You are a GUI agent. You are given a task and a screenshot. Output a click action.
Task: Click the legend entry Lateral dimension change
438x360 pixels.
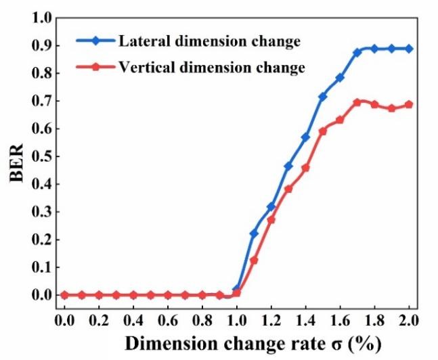pyautogui.click(x=209, y=42)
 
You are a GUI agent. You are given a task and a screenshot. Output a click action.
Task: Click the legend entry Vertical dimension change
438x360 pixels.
pyautogui.click(x=211, y=68)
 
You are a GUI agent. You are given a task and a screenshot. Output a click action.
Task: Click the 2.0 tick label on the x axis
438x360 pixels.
pyautogui.click(x=409, y=319)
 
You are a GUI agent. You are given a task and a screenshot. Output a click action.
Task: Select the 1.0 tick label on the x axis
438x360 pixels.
pyautogui.click(x=237, y=319)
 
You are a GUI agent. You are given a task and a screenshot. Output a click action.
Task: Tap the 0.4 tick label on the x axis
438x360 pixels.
pyautogui.click(x=133, y=319)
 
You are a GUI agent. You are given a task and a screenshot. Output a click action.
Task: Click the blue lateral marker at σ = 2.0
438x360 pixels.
pyautogui.click(x=409, y=49)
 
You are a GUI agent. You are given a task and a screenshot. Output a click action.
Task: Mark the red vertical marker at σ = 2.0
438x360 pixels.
pyautogui.click(x=409, y=104)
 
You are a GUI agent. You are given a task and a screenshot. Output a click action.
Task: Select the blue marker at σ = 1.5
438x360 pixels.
pyautogui.click(x=323, y=97)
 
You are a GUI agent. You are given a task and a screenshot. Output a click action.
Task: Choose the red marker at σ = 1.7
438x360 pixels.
pyautogui.click(x=357, y=102)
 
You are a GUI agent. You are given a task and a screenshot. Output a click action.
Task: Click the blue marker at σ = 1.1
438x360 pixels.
pyautogui.click(x=254, y=233)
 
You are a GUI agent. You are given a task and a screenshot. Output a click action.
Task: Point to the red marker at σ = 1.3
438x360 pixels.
pyautogui.click(x=288, y=189)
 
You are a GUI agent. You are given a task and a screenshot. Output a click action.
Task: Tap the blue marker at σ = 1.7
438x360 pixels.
pyautogui.click(x=357, y=52)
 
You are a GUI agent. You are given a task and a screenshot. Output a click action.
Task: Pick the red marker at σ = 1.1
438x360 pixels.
pyautogui.click(x=254, y=260)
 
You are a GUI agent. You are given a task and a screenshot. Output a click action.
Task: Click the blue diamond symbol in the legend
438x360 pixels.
pyautogui.click(x=96, y=42)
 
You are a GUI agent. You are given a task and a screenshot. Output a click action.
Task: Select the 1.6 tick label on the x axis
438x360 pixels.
pyautogui.click(x=340, y=319)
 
